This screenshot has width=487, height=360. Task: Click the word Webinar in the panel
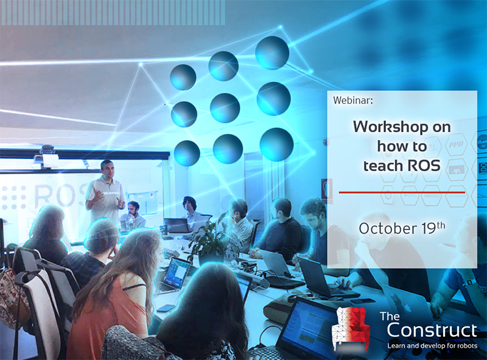(352, 100)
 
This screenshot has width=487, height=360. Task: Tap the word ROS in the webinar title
(424, 166)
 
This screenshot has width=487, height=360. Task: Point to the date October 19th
(402, 228)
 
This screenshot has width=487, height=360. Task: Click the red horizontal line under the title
(402, 192)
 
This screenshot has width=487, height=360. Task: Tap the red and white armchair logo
(351, 329)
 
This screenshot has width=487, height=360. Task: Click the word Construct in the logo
(432, 330)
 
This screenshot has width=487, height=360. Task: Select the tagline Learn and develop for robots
(432, 346)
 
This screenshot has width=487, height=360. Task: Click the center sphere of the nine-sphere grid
(225, 108)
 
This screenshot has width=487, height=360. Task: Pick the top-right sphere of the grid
(272, 52)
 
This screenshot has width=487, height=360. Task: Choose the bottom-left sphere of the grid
(187, 153)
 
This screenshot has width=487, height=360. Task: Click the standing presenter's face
(107, 169)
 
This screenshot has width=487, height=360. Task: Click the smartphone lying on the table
(166, 308)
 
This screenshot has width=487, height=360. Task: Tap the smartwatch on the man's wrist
(469, 283)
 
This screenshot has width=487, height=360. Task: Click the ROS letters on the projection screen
(59, 196)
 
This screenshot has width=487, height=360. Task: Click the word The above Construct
(390, 316)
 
